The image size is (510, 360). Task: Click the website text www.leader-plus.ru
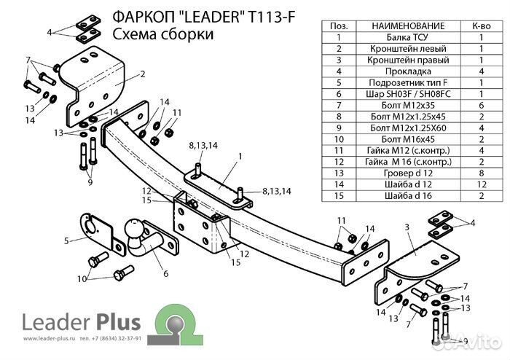(50, 340)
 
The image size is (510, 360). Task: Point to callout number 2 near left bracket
(144, 74)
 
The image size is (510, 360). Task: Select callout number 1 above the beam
(238, 156)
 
